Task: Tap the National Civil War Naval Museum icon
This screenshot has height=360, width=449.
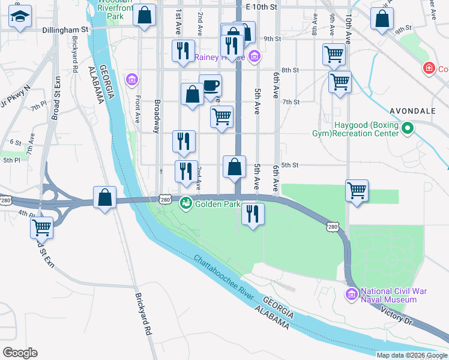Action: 352,295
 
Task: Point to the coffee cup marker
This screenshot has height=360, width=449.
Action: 210,85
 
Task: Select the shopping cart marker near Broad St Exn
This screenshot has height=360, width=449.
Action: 42,228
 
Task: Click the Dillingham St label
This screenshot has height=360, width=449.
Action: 65,29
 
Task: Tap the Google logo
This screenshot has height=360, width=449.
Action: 20,352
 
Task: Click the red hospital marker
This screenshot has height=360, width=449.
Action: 429,68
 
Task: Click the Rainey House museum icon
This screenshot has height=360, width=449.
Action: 255,58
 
